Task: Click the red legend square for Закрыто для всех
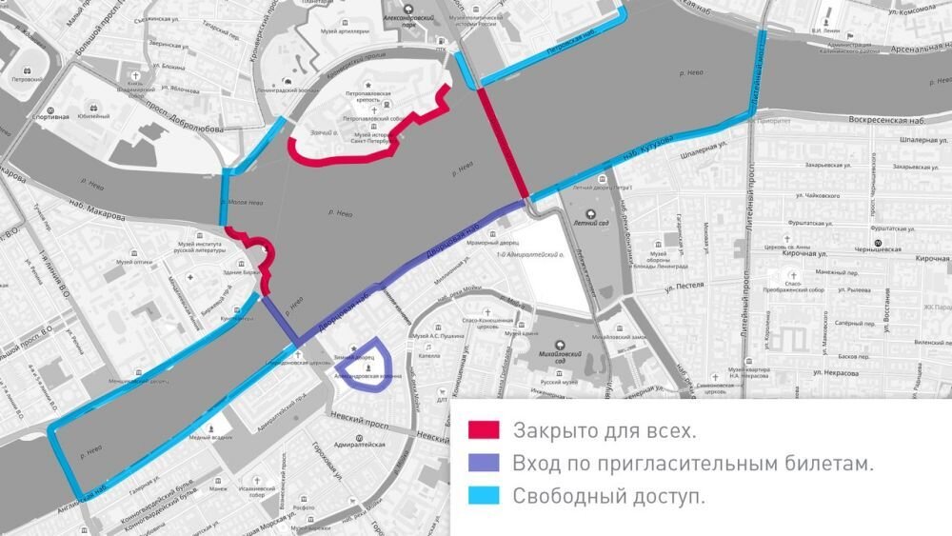[x=483, y=430]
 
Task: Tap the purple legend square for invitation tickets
[x=483, y=464]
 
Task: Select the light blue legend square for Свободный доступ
[x=483, y=496]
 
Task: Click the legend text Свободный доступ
[x=609, y=496]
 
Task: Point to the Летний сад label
[x=590, y=223]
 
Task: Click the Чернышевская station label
[x=916, y=243]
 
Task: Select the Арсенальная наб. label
[x=894, y=49]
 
